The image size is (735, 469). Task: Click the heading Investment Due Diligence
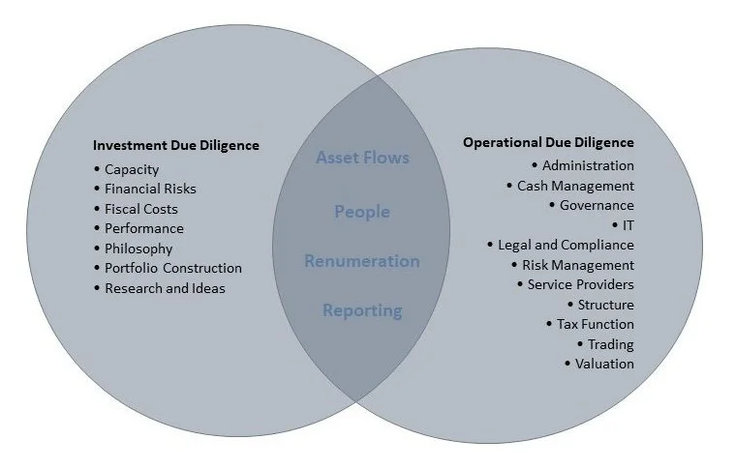(x=175, y=146)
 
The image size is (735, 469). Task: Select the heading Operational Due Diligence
(x=548, y=142)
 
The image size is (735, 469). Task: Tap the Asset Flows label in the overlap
(x=362, y=158)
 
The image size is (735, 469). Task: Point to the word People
(x=362, y=212)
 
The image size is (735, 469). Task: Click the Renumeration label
(x=362, y=261)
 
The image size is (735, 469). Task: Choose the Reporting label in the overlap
(x=362, y=310)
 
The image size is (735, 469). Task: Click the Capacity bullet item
(x=132, y=170)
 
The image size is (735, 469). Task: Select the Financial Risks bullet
(x=150, y=190)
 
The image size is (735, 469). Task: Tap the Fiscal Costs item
(x=141, y=209)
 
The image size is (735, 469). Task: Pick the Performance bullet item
(x=144, y=229)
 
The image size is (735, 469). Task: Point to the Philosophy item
(x=138, y=249)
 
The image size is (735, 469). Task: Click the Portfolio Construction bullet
(x=173, y=268)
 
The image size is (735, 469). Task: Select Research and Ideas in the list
(x=165, y=288)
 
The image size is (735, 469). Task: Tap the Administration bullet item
(x=588, y=165)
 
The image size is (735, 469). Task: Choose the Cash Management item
(x=575, y=186)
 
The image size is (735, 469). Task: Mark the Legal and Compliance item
(x=566, y=245)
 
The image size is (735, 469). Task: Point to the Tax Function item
(x=596, y=324)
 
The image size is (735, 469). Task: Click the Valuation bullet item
(x=604, y=364)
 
